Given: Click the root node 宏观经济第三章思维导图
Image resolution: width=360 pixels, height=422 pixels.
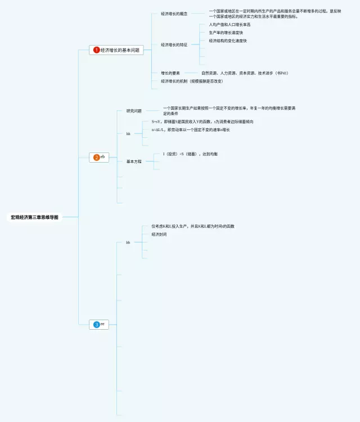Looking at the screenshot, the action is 34,217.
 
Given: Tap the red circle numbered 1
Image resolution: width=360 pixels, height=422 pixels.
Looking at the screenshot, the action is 96,50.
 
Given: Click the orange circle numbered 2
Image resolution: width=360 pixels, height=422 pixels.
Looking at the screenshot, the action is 96,158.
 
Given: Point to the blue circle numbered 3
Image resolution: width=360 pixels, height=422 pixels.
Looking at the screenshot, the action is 96,325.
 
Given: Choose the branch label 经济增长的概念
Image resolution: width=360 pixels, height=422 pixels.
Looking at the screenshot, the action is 174,14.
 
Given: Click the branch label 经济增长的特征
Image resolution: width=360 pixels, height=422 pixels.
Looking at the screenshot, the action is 174,44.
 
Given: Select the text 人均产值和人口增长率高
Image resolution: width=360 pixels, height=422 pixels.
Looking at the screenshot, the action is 229,25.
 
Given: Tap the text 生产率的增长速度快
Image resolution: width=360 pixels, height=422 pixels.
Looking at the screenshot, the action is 226,33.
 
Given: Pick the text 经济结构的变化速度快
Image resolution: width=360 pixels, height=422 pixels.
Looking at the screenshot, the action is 227,41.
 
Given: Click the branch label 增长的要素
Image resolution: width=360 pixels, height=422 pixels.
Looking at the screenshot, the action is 170,73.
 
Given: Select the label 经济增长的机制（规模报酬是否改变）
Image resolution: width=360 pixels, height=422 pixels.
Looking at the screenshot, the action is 192,81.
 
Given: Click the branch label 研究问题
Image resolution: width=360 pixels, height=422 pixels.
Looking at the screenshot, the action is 134,111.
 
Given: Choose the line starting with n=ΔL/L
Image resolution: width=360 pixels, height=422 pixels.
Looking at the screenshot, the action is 190,130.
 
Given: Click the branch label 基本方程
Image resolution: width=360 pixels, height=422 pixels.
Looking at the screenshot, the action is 134,161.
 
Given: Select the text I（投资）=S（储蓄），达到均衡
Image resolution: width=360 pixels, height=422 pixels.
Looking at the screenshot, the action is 190,154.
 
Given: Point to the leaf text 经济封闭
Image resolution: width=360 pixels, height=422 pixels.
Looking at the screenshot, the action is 159,234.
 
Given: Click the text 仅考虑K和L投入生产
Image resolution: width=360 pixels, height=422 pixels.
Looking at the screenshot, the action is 192,226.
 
